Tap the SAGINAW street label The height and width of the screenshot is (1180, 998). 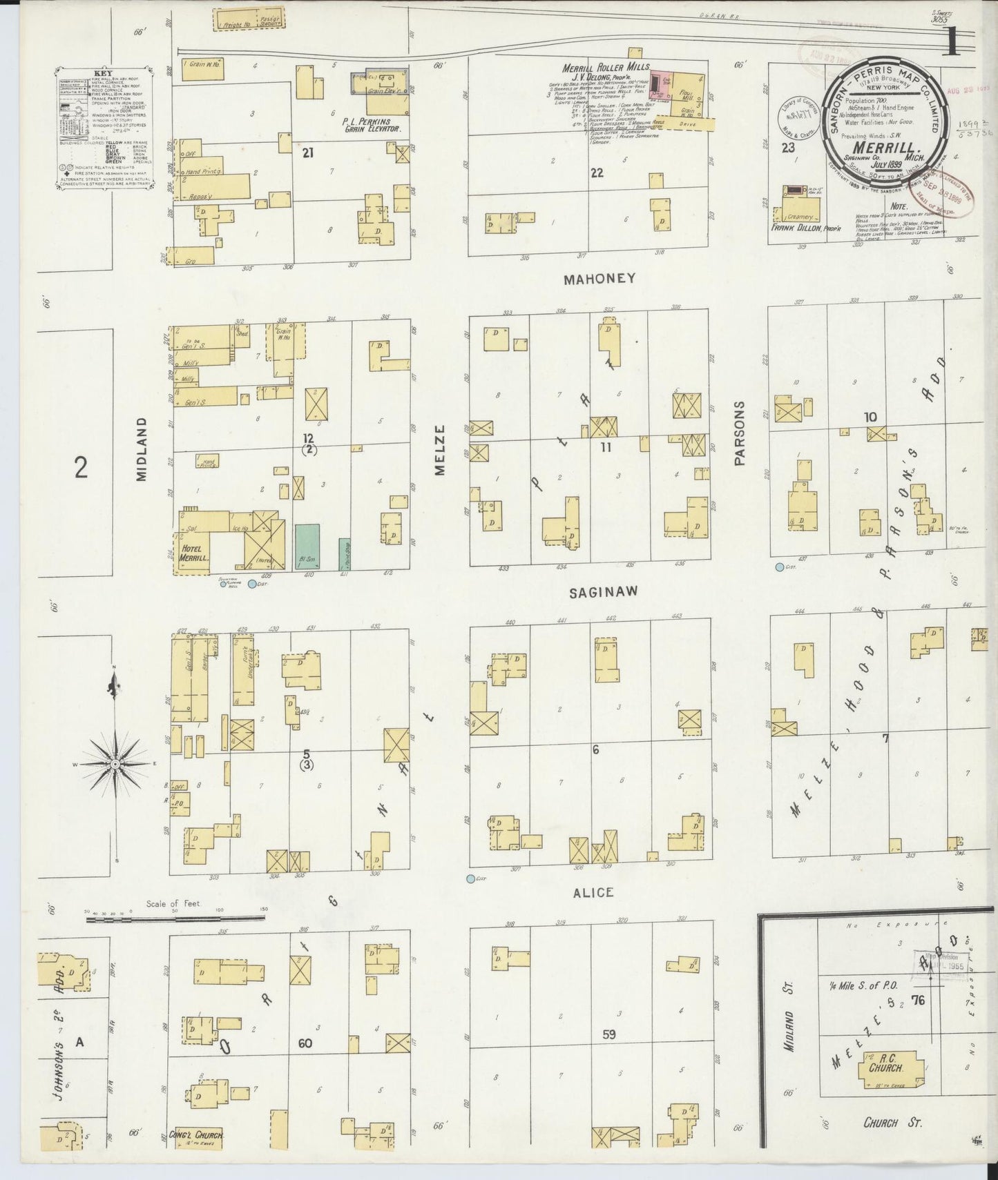pyautogui.click(x=603, y=592)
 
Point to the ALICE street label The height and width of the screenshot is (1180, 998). pyautogui.click(x=593, y=892)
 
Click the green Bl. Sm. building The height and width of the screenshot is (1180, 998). pyautogui.click(x=307, y=546)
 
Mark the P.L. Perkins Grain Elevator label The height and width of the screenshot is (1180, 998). pyautogui.click(x=371, y=126)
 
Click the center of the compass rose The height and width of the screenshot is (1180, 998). pyautogui.click(x=115, y=765)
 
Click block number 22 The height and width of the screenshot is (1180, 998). pyautogui.click(x=597, y=173)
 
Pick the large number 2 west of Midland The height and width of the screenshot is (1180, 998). pyautogui.click(x=81, y=468)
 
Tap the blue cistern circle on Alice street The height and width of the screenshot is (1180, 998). pyautogui.click(x=471, y=878)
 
